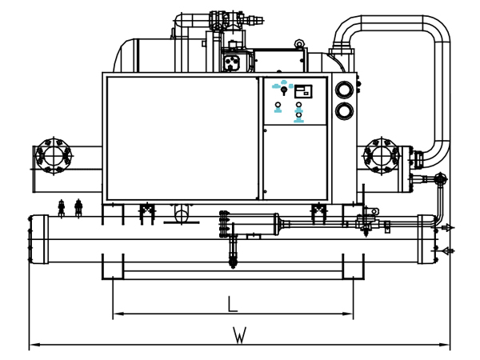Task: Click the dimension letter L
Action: pos(233,303)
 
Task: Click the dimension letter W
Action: pos(239,335)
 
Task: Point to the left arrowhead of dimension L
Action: pos(118,314)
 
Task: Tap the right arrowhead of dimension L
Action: pos(348,314)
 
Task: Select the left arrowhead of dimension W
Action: pos(35,345)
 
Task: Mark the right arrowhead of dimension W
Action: pos(445,345)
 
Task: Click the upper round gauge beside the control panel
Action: pos(344,90)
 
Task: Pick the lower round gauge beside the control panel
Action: pos(344,110)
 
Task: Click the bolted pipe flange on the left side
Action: pos(54,156)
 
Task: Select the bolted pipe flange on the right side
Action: pos(382,156)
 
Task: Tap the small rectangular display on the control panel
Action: pos(303,91)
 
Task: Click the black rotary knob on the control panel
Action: pos(284,90)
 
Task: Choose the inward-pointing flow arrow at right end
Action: pos(444,251)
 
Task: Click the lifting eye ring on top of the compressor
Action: pos(298,44)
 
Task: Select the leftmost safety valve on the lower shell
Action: pos(62,207)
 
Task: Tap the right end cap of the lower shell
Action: pos(427,239)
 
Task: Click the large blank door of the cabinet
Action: pos(182,138)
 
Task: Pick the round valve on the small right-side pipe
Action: pos(441,179)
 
